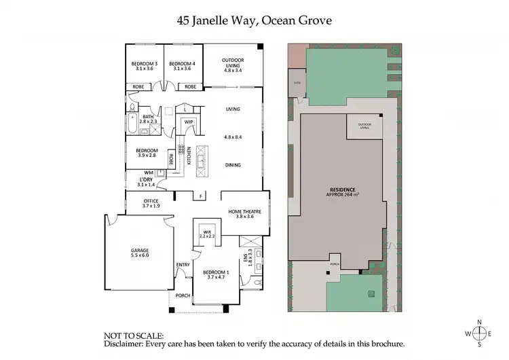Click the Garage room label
140,251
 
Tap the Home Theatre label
245,211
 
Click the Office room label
151,201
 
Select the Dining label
233,164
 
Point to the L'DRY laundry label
146,181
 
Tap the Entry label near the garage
183,265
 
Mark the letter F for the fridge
200,196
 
